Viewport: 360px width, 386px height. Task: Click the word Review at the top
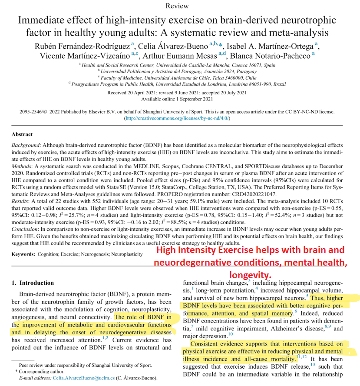pyautogui.click(x=177, y=6)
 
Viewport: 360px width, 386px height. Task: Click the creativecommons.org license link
pyautogui.click(x=177, y=118)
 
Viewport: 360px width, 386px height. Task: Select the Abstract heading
pyautogui.click(x=22, y=134)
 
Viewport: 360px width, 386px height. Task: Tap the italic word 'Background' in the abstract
pyautogui.click(x=26, y=145)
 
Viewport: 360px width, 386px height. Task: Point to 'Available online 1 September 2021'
pyautogui.click(x=177, y=99)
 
